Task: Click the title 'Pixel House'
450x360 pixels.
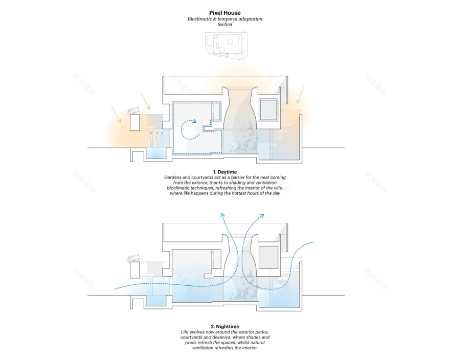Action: click(x=225, y=13)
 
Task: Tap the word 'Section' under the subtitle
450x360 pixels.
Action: click(x=225, y=25)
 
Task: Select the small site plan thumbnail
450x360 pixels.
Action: click(x=225, y=47)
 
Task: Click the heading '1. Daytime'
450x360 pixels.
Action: click(x=225, y=171)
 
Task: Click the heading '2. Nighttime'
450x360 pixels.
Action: click(x=225, y=326)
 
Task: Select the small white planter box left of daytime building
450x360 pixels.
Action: click(x=135, y=122)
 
